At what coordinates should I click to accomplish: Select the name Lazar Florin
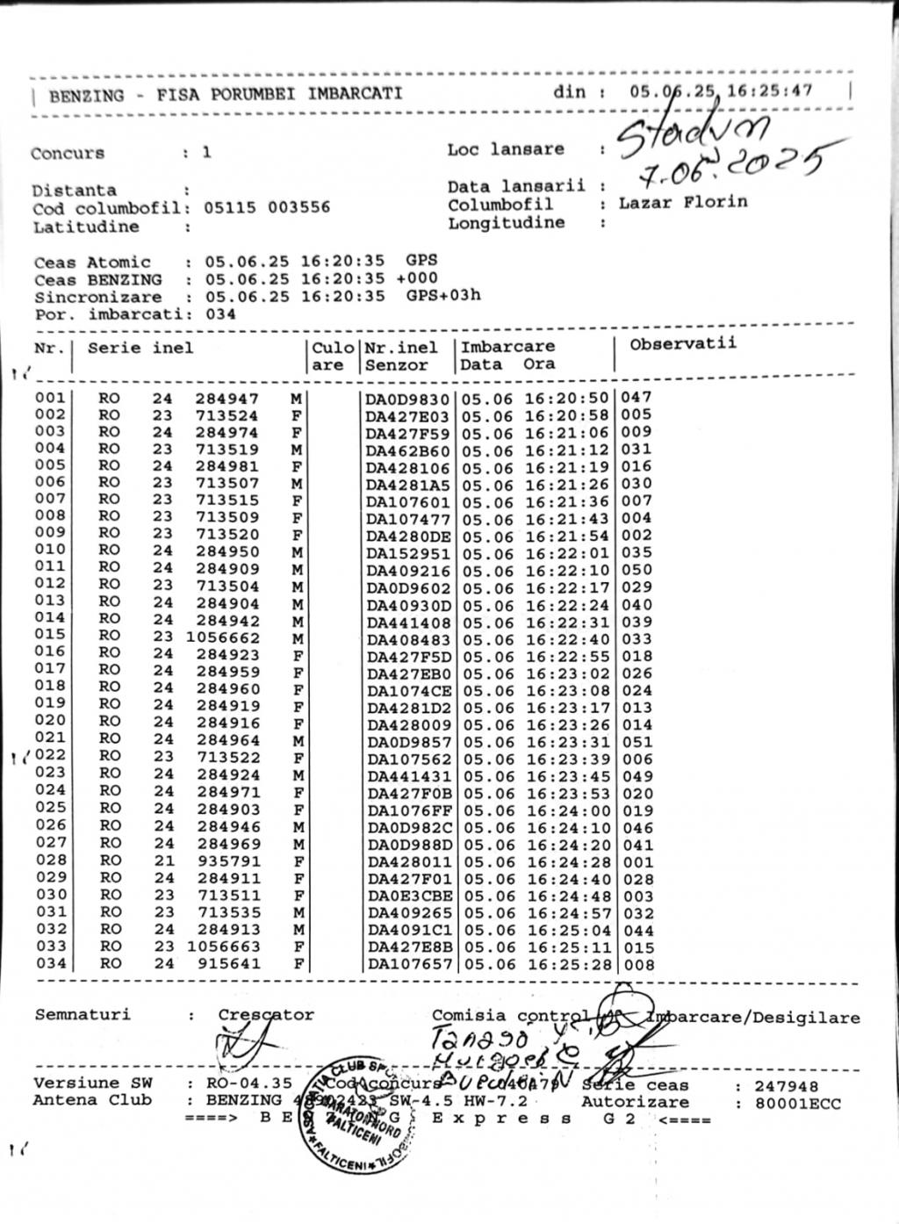coord(683,202)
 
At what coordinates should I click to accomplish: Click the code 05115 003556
coord(267,208)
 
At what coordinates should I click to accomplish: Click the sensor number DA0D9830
coord(407,399)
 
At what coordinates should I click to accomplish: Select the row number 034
coord(50,962)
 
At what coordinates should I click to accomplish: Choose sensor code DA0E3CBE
coord(408,896)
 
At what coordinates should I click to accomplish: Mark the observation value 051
coord(636,742)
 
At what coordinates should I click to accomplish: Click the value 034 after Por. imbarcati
coord(220,313)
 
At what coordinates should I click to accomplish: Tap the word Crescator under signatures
coord(266,1015)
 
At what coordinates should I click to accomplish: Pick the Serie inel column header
coord(140,348)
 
